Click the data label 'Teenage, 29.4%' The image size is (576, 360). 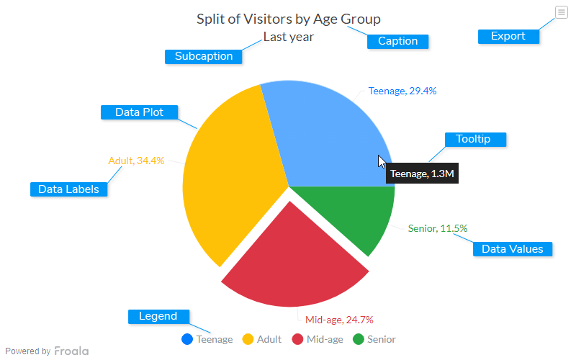402,91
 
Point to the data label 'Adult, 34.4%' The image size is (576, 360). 136,161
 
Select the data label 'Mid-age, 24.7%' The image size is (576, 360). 339,320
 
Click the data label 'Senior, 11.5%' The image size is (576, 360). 438,228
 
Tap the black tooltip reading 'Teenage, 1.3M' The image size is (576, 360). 422,174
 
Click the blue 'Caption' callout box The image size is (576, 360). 397,41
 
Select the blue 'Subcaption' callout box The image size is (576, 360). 204,56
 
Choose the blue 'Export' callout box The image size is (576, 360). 508,36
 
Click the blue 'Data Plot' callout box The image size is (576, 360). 139,112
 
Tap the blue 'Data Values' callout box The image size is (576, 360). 512,249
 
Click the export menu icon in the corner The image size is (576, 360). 562,12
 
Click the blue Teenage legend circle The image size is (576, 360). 187,339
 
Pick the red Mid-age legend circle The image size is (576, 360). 297,339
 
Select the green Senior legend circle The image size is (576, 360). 358,339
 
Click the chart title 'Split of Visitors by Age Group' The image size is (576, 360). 289,19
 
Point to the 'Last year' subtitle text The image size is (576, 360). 288,37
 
